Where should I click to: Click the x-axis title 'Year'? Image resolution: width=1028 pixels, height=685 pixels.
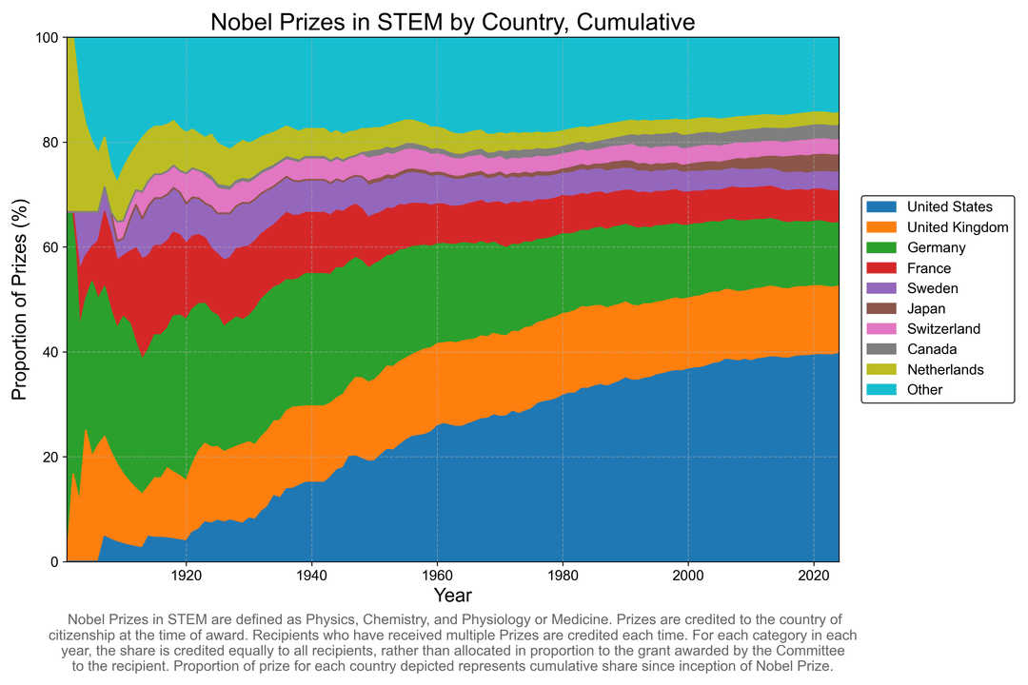click(x=452, y=596)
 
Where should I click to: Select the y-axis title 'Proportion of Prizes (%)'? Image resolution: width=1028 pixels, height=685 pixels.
click(x=19, y=300)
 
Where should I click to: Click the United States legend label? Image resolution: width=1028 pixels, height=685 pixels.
click(x=949, y=206)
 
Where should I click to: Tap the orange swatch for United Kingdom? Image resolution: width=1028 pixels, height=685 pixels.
click(x=882, y=227)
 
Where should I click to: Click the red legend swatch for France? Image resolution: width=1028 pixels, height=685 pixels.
click(x=882, y=268)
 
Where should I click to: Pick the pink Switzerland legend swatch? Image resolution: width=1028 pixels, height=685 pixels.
click(x=882, y=328)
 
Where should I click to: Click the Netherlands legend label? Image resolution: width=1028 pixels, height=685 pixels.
click(x=944, y=369)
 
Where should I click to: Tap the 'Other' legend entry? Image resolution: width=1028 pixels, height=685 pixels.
click(x=924, y=389)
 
